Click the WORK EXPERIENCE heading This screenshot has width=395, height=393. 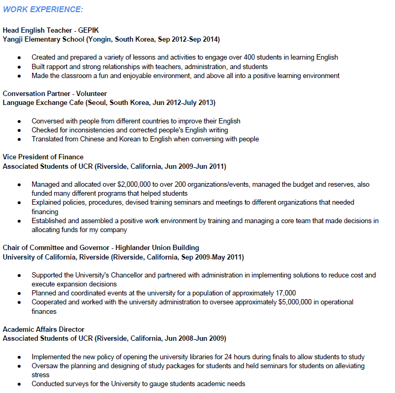coord(43,10)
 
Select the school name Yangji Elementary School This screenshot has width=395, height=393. coord(44,40)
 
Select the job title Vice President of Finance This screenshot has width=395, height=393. coord(43,157)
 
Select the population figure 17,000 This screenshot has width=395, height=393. coord(285,293)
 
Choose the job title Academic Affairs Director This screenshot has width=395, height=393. coord(43,329)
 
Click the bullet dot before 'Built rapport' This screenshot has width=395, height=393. coord(20,67)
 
